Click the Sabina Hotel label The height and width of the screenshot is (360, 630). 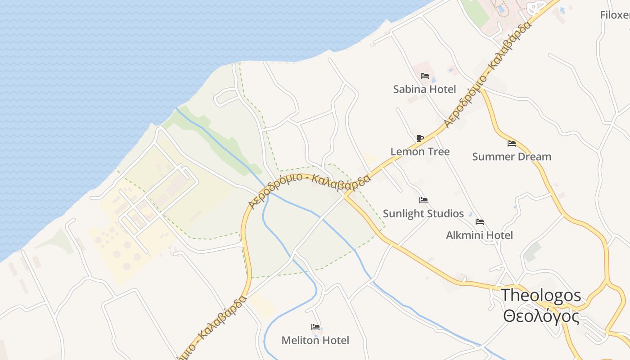click(424, 89)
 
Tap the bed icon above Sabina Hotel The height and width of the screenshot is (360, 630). click(424, 76)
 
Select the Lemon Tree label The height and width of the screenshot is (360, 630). click(420, 152)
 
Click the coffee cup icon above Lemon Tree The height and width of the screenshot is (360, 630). click(419, 138)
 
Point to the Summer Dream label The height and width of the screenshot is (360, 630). click(512, 157)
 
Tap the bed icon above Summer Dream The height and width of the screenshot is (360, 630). click(512, 144)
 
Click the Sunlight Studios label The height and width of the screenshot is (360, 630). click(423, 213)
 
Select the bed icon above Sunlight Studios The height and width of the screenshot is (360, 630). click(423, 200)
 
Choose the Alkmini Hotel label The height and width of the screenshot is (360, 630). click(479, 235)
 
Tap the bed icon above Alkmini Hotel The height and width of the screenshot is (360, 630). click(480, 222)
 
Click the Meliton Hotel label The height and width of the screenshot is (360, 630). click(315, 340)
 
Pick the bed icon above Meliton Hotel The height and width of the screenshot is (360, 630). click(315, 327)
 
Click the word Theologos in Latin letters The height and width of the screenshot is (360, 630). click(541, 296)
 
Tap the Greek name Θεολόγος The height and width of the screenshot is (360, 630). click(541, 316)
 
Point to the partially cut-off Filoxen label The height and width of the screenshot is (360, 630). click(615, 15)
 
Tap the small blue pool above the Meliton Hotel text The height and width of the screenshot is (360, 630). click(315, 335)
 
